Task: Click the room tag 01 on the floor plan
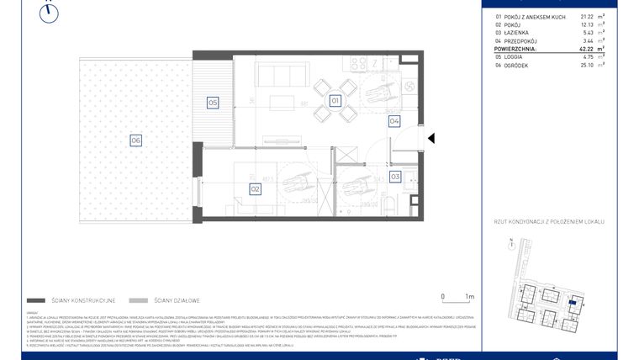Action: pos(334,101)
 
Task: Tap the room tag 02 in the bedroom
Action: pos(254,189)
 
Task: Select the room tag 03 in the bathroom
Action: pos(394,177)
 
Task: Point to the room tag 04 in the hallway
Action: pos(393,121)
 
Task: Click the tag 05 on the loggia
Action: pos(213,103)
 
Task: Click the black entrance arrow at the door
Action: pos(430,139)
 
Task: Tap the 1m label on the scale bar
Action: pos(470,296)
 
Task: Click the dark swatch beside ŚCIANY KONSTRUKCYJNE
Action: pos(36,300)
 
